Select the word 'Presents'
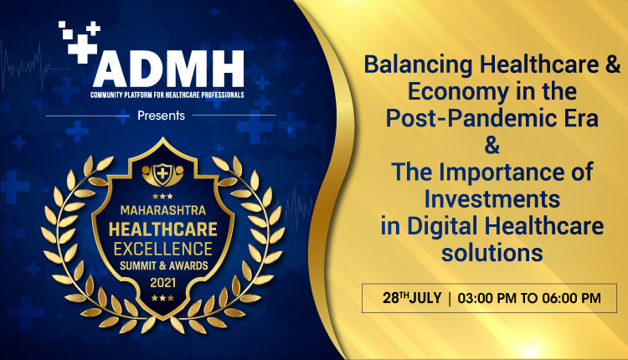click(160, 116)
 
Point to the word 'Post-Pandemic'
click(457, 119)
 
